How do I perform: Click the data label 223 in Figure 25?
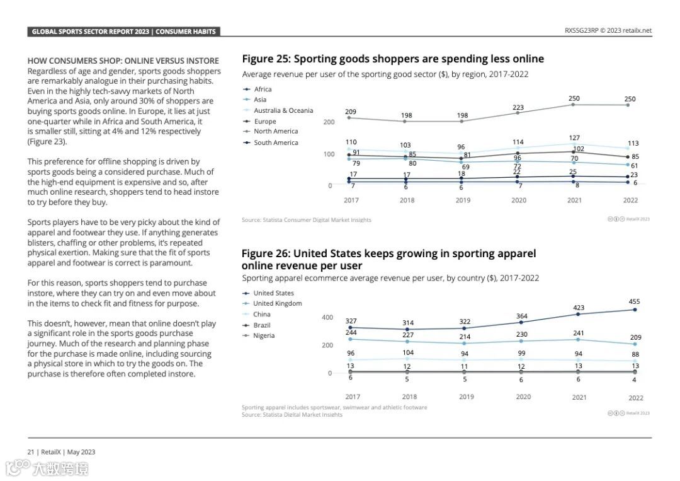518,107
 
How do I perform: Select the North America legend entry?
275,131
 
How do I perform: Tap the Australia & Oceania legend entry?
283,110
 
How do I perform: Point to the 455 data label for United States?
634,301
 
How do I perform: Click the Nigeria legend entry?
264,335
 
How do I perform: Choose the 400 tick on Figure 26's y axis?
327,317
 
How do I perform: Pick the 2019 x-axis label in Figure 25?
463,200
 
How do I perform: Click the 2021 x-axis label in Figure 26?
579,397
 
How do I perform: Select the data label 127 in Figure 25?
574,137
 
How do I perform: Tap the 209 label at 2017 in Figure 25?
351,112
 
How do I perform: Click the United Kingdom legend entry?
277,303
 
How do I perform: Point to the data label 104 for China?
408,352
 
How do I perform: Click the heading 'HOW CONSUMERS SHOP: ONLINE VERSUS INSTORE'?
123,61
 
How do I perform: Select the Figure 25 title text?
393,59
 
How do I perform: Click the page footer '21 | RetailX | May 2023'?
61,451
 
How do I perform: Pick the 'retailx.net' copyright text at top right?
637,30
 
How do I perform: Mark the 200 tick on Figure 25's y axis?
329,122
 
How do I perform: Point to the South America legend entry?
275,142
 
